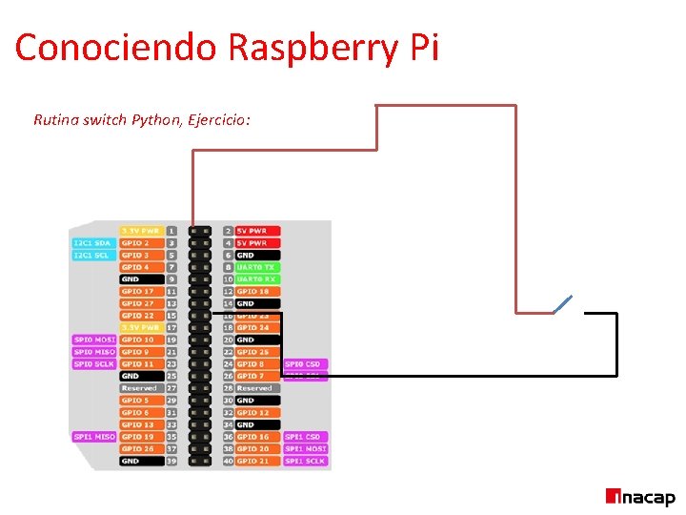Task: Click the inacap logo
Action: pos(640,497)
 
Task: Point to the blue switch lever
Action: pos(562,304)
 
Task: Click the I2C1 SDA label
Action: pos(92,243)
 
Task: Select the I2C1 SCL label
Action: pos(92,255)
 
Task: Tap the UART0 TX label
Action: pos(256,267)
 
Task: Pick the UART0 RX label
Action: pos(256,279)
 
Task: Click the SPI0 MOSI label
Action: pos(93,340)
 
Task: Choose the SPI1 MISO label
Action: pos(93,437)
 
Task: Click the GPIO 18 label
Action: pos(253,291)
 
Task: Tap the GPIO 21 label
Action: pos(253,461)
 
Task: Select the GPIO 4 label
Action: pos(135,267)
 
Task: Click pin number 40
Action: pos(228,461)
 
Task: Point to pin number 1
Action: pos(171,231)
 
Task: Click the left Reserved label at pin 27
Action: pos(139,388)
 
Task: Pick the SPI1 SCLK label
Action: pos(305,461)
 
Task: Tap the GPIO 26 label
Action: pos(138,448)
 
